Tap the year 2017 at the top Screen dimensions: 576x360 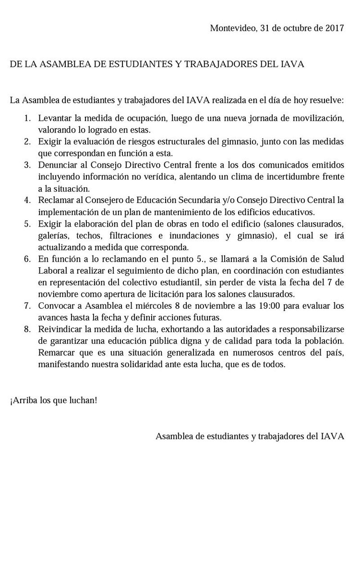click(x=334, y=28)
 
